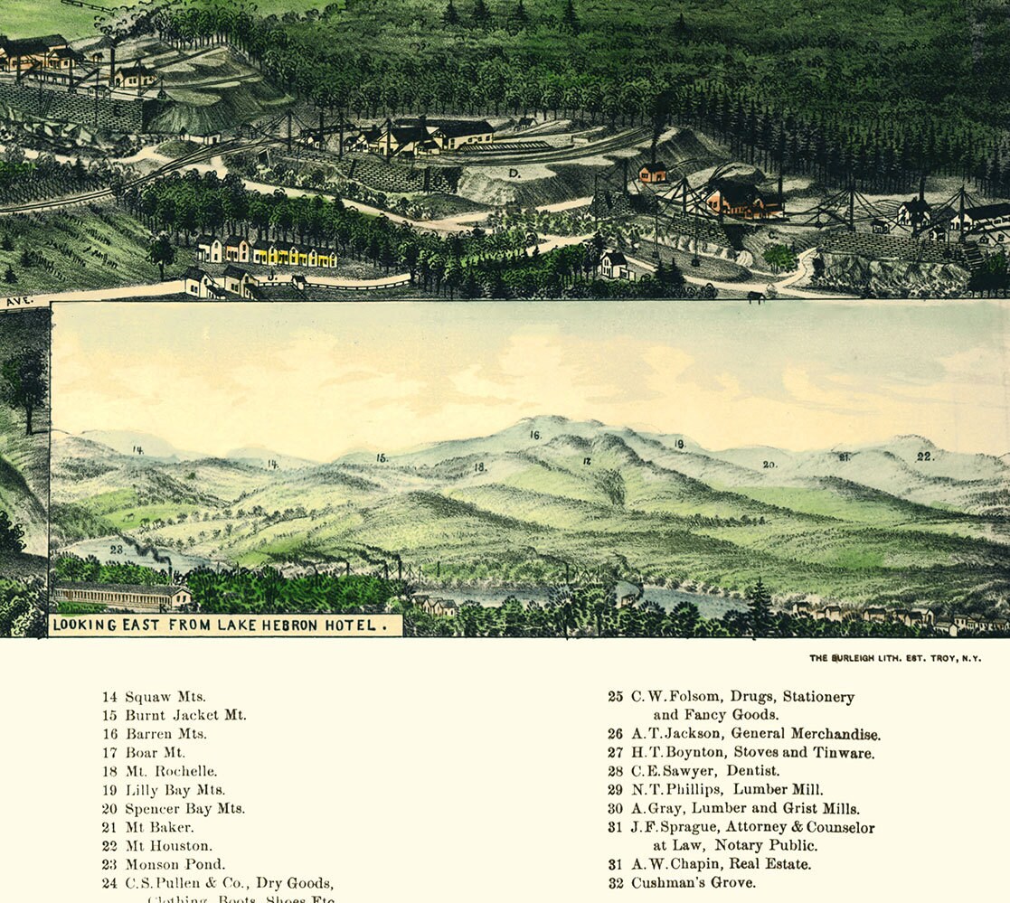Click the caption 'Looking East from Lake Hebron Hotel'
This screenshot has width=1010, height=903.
(225, 625)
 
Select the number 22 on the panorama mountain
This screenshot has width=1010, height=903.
(924, 456)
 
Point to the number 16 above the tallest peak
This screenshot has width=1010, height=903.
(535, 435)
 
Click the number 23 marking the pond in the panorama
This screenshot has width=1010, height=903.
(117, 549)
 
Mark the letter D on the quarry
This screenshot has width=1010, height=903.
(512, 171)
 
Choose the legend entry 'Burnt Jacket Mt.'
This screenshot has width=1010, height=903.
(185, 715)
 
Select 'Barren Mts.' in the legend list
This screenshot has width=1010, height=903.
(165, 734)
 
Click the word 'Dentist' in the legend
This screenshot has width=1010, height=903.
(754, 771)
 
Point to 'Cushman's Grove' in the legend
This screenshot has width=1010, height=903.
(693, 882)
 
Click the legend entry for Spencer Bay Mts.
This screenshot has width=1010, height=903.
(184, 809)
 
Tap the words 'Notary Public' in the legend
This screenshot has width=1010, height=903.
(766, 845)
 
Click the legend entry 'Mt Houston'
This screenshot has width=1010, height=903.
(168, 846)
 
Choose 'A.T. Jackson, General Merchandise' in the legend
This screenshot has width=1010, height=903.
(755, 734)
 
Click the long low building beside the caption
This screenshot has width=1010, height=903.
(121, 596)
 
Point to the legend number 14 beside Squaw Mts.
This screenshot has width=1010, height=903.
(109, 697)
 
